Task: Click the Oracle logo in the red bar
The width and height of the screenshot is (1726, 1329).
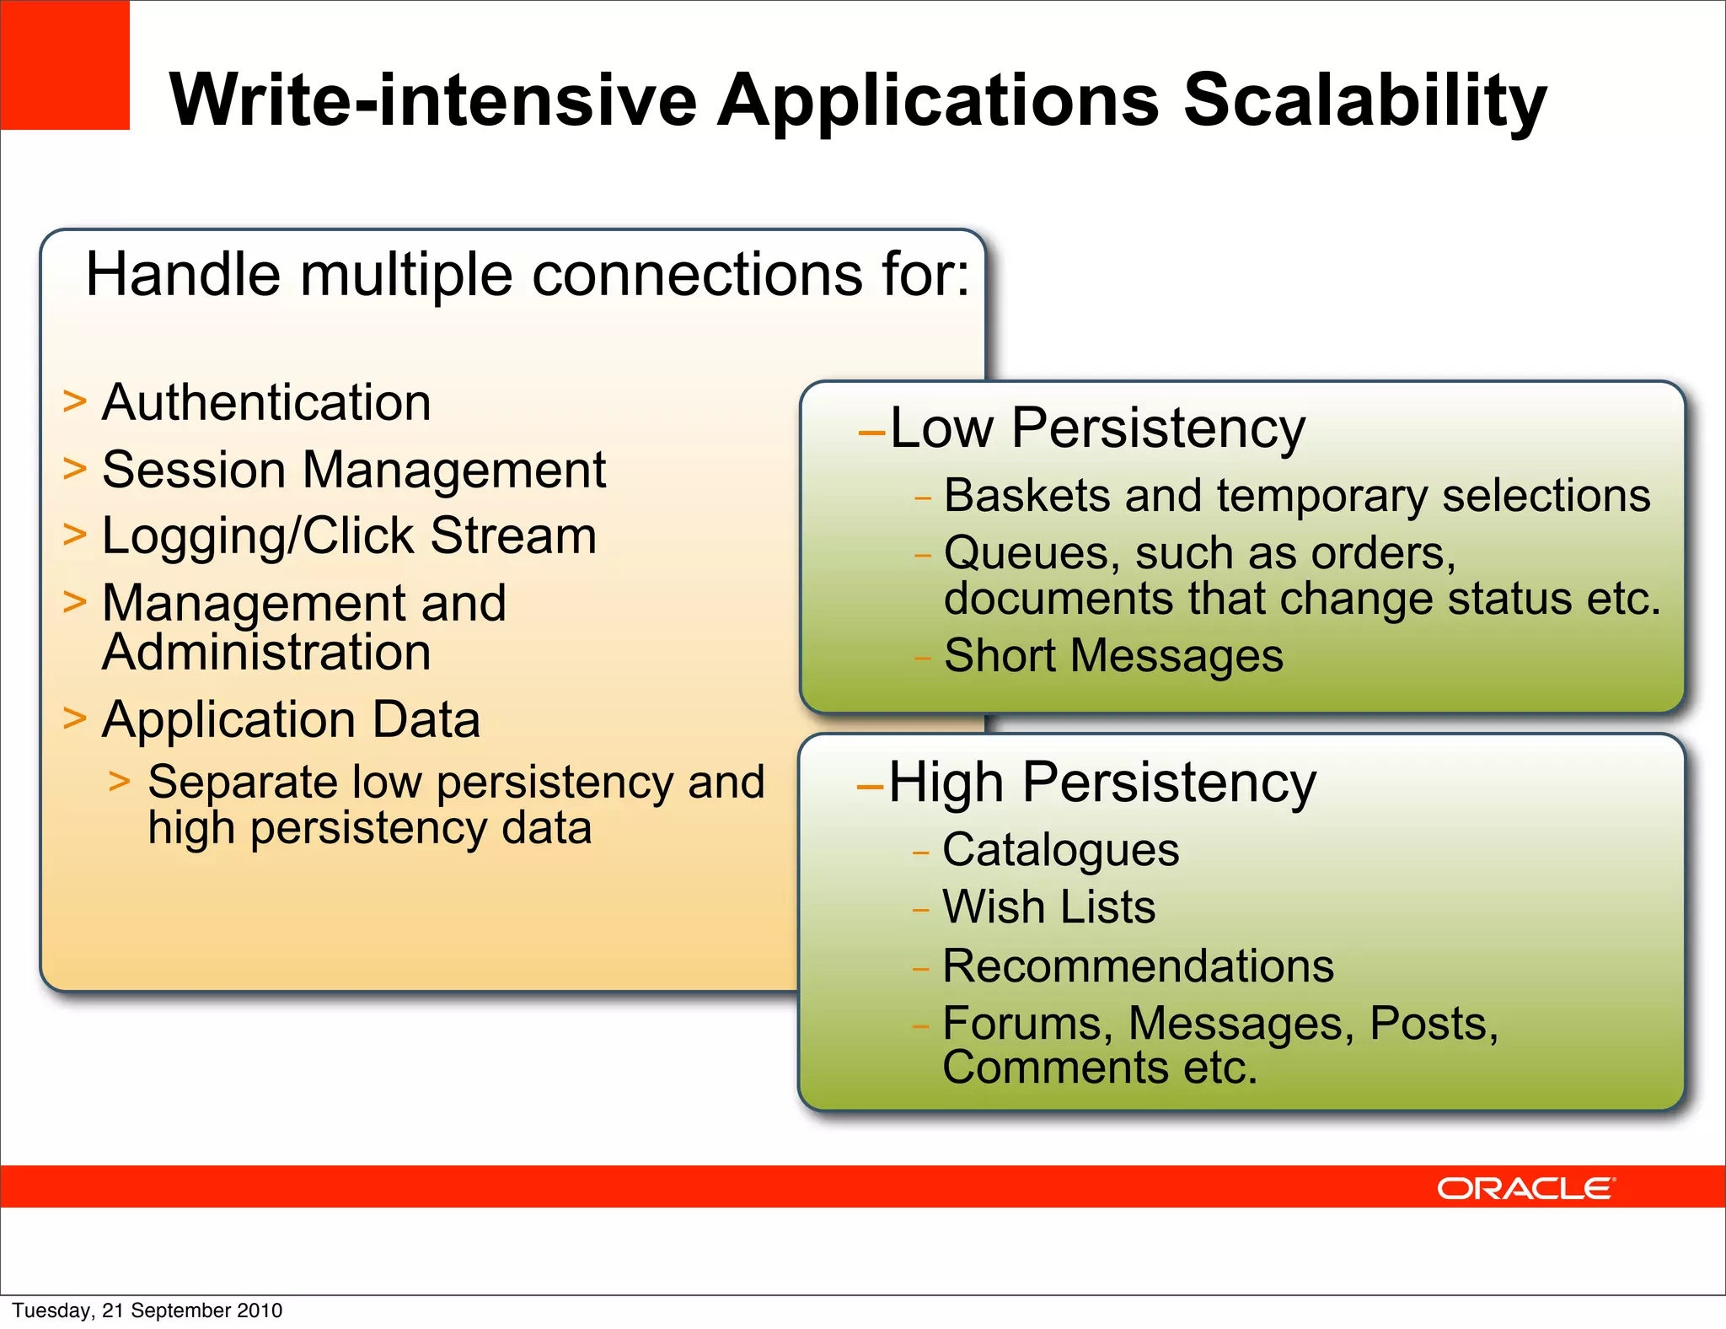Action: [x=1525, y=1188]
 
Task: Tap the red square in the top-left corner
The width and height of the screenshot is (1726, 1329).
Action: [x=64, y=64]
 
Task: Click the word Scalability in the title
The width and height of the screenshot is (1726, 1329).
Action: [x=1364, y=101]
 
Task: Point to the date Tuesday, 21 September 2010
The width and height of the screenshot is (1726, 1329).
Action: [x=147, y=1310]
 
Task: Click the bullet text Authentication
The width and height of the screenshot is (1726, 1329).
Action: [x=266, y=402]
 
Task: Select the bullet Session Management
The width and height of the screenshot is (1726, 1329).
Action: [x=353, y=470]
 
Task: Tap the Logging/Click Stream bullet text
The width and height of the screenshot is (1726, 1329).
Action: [x=349, y=536]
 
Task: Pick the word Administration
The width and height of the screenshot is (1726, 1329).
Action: [x=266, y=653]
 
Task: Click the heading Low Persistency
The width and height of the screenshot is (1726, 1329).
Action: [x=1096, y=428]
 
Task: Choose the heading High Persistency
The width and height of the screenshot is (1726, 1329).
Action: [x=1102, y=783]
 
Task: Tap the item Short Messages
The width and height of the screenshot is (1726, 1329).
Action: [x=1113, y=656]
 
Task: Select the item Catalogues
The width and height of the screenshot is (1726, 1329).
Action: [x=1060, y=850]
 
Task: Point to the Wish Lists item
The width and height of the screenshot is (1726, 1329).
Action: [x=1048, y=907]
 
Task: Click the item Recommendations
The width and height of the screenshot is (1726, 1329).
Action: [x=1138, y=966]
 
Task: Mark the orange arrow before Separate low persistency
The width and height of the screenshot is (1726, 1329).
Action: [x=120, y=782]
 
